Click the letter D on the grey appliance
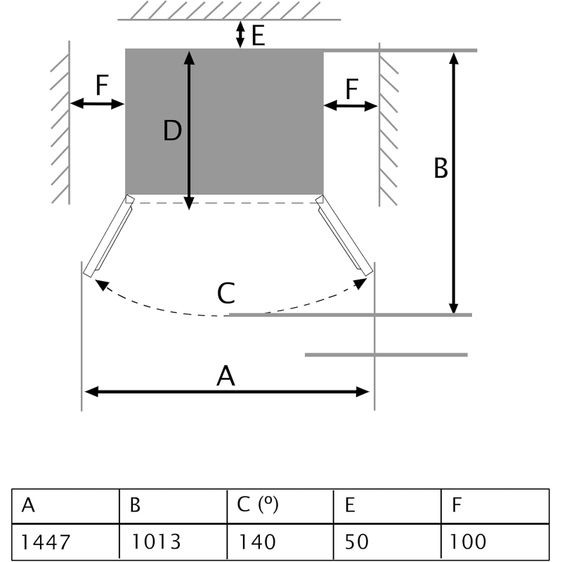coord(172,131)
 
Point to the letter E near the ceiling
coord(258,35)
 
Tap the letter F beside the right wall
coord(351,89)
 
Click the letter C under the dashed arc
coord(226,293)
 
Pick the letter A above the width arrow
coord(226,377)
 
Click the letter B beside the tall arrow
coord(440,169)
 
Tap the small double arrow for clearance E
coord(240,34)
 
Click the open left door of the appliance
coord(108,237)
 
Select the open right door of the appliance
coord(344,237)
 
